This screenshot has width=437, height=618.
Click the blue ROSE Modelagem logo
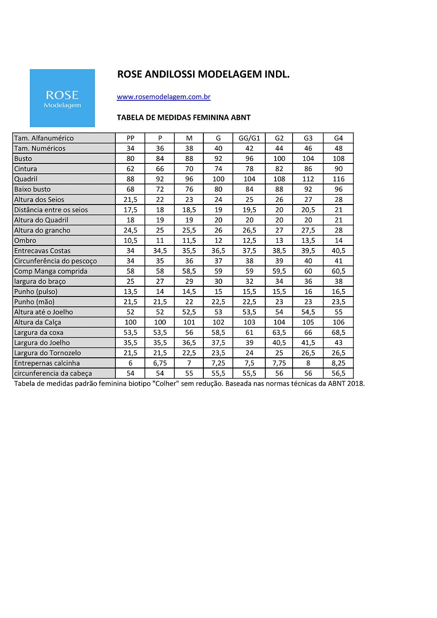point(62,98)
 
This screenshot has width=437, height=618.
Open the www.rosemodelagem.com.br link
point(164,97)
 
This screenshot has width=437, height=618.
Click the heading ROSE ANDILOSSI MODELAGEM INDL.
point(203,74)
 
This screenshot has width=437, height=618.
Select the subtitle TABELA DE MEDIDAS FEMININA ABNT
point(184,117)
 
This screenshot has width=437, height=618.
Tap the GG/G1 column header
point(249,138)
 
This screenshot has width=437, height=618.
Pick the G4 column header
point(338,138)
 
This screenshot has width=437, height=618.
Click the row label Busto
point(23,158)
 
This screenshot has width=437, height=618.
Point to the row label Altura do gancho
point(42,230)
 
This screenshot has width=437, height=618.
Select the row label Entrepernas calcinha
point(47,363)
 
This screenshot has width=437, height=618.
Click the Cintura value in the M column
point(189,169)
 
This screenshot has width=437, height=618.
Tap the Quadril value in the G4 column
point(338,179)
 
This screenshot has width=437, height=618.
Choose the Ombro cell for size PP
point(130,240)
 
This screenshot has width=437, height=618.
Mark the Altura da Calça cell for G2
point(279,322)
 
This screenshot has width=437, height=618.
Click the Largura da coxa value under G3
point(308,332)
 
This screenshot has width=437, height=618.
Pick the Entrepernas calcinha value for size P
point(160,363)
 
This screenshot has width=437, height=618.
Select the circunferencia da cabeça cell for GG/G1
point(249,373)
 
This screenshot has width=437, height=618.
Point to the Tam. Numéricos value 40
point(218,148)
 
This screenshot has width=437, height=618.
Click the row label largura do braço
point(40,281)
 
